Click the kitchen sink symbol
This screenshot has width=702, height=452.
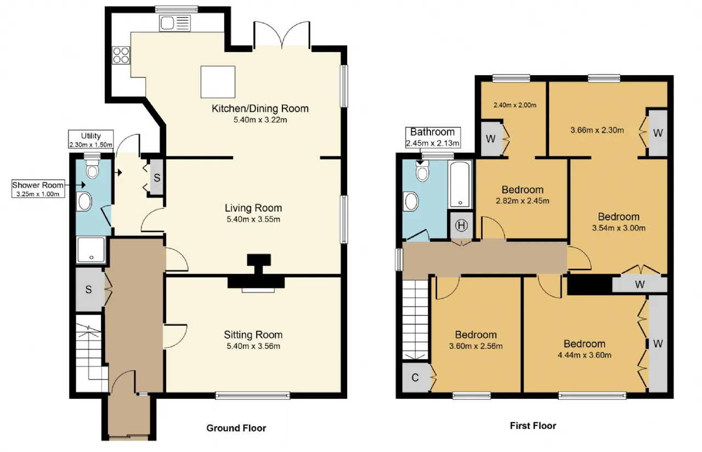pyautogui.click(x=175, y=23)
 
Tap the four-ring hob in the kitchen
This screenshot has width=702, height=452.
pyautogui.click(x=121, y=55)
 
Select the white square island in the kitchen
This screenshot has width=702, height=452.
pyautogui.click(x=218, y=82)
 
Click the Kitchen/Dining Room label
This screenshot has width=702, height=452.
pyautogui.click(x=260, y=109)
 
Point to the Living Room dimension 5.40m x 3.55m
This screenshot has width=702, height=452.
pyautogui.click(x=253, y=219)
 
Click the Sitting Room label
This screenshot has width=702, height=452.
pyautogui.click(x=253, y=335)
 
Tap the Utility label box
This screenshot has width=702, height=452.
pyautogui.click(x=91, y=139)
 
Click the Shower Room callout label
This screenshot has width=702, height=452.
pyautogui.click(x=38, y=189)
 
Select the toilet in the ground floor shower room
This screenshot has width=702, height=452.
pyautogui.click(x=92, y=169)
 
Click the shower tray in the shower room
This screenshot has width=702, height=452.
pyautogui.click(x=91, y=250)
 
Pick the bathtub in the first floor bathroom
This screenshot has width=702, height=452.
pyautogui.click(x=460, y=184)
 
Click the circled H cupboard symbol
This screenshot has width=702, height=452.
pyautogui.click(x=461, y=225)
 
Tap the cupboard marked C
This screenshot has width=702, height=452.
pyautogui.click(x=415, y=377)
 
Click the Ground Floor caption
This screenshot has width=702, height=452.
pyautogui.click(x=236, y=428)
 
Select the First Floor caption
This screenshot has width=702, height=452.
pyautogui.click(x=533, y=426)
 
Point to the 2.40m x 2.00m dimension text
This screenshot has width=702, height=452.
pyautogui.click(x=515, y=105)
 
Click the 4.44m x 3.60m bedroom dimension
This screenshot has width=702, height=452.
pyautogui.click(x=585, y=355)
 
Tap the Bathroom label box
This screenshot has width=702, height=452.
pyautogui.click(x=433, y=137)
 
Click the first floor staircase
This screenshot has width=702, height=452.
pyautogui.click(x=415, y=320)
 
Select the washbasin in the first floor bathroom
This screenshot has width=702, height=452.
pyautogui.click(x=411, y=201)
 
